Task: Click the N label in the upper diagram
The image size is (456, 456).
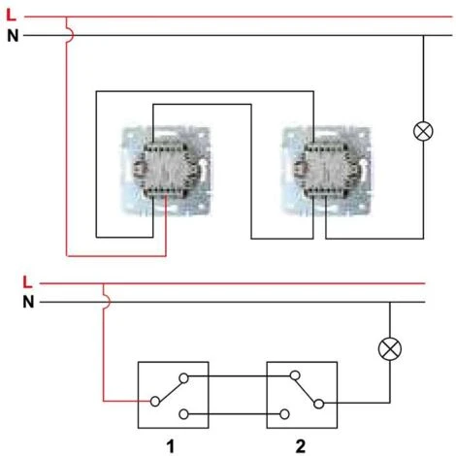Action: pyautogui.click(x=12, y=36)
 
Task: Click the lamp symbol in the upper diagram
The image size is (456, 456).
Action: pyautogui.click(x=423, y=132)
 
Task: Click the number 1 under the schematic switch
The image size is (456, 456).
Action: pyautogui.click(x=172, y=445)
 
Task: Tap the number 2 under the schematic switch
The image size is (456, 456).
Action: pyautogui.click(x=301, y=445)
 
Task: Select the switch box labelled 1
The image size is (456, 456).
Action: pyautogui.click(x=172, y=396)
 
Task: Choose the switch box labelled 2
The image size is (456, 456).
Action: pyautogui.click(x=301, y=396)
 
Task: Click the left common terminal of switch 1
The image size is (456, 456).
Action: pyautogui.click(x=152, y=401)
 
